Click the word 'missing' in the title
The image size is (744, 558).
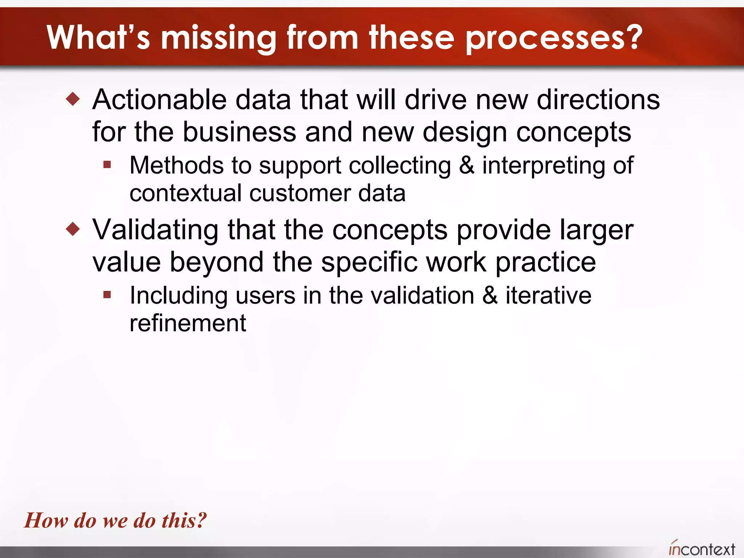218,38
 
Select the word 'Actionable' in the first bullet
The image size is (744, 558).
159,100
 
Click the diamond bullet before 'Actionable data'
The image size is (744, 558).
73,99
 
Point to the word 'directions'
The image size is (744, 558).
598,100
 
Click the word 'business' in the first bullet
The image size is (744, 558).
239,132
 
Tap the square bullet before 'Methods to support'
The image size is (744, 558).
107,165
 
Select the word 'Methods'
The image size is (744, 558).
177,166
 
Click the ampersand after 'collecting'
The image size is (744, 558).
467,166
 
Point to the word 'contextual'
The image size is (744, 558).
185,193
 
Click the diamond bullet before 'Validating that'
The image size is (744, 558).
73,229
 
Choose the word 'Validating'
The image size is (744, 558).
155,230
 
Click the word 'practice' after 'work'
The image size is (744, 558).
545,262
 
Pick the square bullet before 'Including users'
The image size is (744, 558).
107,295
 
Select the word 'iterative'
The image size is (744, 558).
548,295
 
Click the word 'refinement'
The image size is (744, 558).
188,323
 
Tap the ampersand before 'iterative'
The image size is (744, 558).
490,295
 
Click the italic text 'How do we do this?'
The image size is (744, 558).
115,520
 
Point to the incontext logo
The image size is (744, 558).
701,548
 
